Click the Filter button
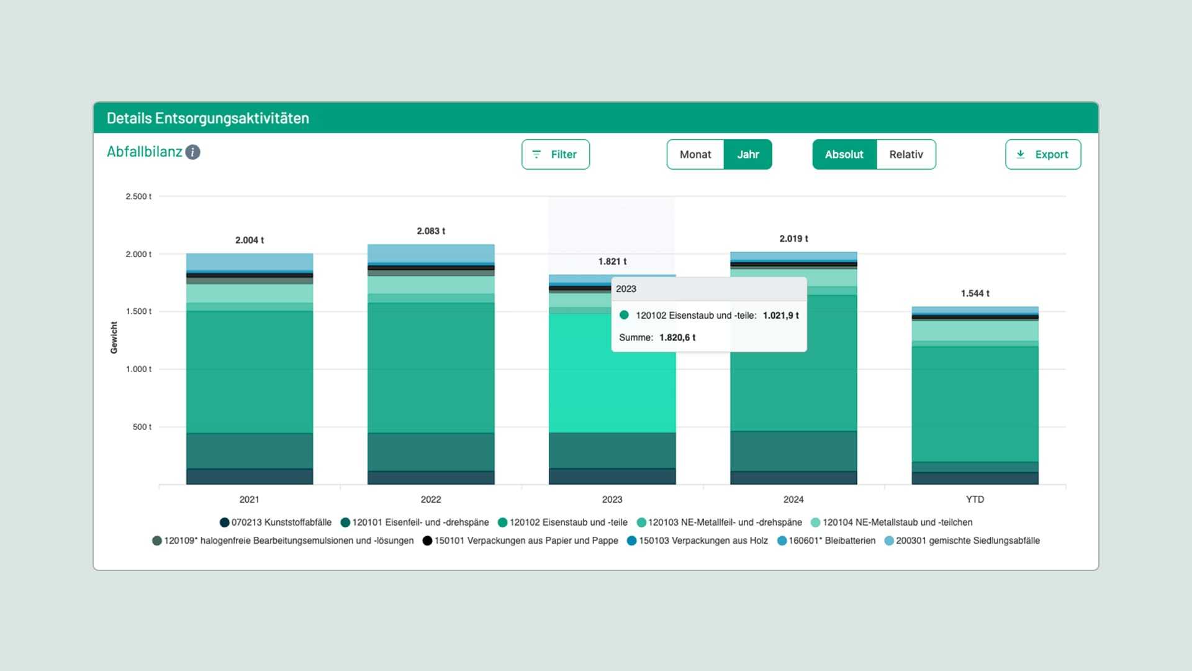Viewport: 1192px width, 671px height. [x=555, y=154]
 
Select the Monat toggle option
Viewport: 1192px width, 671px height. [x=695, y=154]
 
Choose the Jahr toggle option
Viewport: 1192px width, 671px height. [x=747, y=154]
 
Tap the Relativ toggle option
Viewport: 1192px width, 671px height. [x=906, y=154]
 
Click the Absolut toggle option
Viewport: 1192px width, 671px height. [x=844, y=154]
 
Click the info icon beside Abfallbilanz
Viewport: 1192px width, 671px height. [x=193, y=152]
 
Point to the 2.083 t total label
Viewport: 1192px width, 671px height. [x=431, y=231]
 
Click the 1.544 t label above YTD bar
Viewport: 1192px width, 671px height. [x=975, y=293]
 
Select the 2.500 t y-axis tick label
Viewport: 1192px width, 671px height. [x=138, y=196]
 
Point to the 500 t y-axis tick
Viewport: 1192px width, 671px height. [x=142, y=427]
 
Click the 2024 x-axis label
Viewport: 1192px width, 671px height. [x=793, y=500]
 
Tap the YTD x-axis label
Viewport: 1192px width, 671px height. [x=974, y=500]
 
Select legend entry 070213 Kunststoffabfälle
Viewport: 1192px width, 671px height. [x=281, y=523]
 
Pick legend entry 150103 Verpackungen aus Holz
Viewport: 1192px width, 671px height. [x=703, y=541]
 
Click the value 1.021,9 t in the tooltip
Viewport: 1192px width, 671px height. [x=780, y=316]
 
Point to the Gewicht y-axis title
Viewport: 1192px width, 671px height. [x=114, y=337]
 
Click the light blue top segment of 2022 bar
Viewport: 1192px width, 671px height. [x=431, y=253]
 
